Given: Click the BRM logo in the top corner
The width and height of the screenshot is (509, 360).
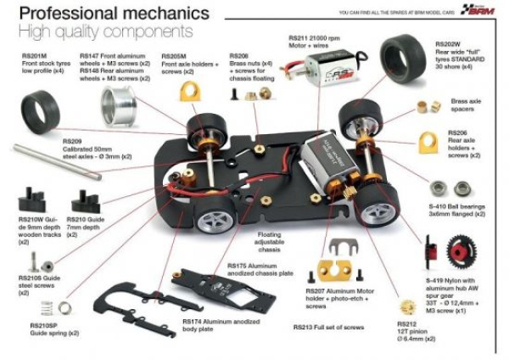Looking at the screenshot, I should (479, 10).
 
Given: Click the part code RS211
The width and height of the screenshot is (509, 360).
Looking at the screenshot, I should (299, 37).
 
